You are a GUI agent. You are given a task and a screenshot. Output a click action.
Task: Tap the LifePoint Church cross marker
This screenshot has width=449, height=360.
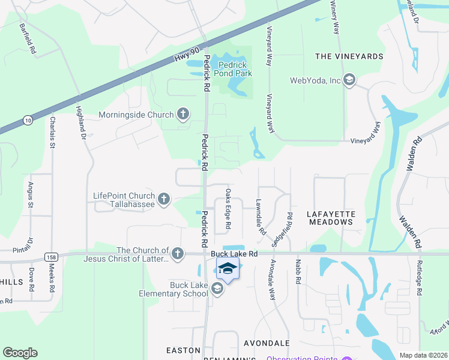164,199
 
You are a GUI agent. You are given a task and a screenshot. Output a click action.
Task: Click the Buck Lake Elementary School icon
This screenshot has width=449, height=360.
217,290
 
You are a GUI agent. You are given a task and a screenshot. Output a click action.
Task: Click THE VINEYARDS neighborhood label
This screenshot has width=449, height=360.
349,56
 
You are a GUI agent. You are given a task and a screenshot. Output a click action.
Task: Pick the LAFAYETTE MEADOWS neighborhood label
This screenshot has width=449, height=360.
331,218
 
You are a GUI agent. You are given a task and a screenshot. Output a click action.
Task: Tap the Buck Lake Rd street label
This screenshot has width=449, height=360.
234,254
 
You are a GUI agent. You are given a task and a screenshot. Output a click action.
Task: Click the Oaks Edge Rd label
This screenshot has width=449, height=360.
228,209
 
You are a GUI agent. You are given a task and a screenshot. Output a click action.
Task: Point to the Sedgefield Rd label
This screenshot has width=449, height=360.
282,231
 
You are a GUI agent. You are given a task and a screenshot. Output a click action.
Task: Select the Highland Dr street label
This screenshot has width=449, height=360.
80,124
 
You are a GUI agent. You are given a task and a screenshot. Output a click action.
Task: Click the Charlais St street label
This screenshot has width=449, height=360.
53,132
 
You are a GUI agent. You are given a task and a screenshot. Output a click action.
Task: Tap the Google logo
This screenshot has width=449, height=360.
20,353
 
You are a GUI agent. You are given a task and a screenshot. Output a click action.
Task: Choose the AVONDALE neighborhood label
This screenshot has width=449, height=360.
267,343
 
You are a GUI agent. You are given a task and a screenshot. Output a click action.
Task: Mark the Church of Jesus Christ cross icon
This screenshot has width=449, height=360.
177,254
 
